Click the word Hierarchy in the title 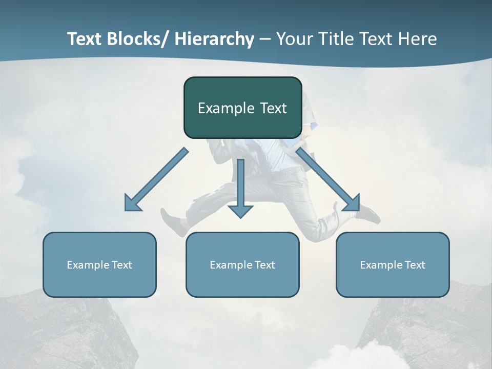(214, 39)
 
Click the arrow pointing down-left (157, 179)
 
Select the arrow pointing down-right (328, 179)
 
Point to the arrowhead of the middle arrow (241, 211)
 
